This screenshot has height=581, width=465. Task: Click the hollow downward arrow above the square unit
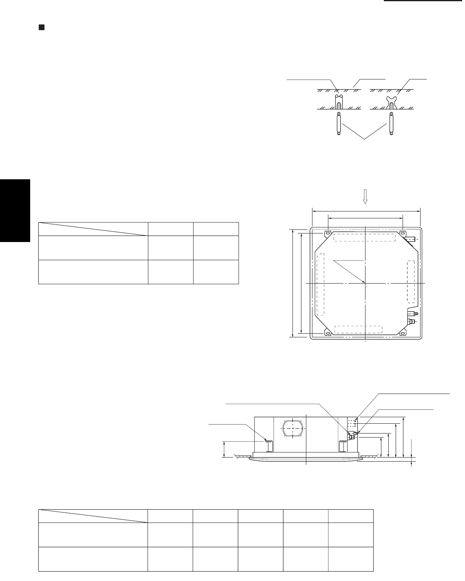pos(366,198)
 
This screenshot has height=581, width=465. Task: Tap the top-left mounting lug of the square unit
pos(328,233)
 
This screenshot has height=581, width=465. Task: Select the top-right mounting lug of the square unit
pos(403,233)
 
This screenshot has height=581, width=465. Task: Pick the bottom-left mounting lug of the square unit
pos(328,332)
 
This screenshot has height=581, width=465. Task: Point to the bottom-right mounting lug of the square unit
pos(403,332)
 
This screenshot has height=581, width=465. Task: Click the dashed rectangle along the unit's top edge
pos(365,238)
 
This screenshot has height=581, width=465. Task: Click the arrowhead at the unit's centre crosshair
pos(363,281)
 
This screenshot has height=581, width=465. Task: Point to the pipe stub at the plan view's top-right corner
pos(411,239)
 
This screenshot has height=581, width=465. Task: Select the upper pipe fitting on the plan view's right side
pos(412,314)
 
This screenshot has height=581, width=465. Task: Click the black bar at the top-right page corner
pos(425,1)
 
